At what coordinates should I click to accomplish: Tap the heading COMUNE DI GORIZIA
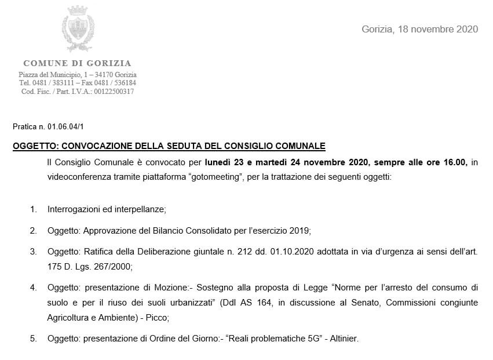[x=77, y=63]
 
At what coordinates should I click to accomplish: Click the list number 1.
[x=34, y=209]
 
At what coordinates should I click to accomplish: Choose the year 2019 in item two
[x=300, y=231]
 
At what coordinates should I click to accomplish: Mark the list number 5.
[x=34, y=339]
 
